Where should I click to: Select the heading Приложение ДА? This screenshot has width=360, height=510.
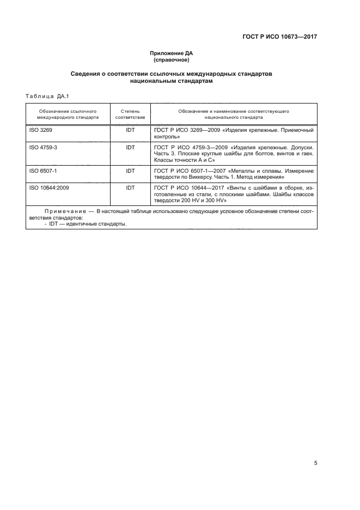172,53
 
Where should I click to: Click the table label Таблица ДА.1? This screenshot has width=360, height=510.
46,96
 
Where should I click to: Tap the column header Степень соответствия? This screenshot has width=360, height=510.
130,114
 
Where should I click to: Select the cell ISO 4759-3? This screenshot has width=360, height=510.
43,147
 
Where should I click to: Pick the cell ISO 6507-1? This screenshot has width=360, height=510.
43,171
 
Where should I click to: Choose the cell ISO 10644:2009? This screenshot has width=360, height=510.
48,187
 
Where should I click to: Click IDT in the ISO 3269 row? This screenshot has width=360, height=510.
130,131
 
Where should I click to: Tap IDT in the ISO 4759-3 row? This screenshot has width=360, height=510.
130,147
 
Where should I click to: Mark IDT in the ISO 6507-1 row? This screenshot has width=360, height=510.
130,171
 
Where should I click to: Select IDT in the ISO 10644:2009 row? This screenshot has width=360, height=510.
130,187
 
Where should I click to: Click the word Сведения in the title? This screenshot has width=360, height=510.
87,73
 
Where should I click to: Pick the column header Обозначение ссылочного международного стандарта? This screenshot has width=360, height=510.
68,114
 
